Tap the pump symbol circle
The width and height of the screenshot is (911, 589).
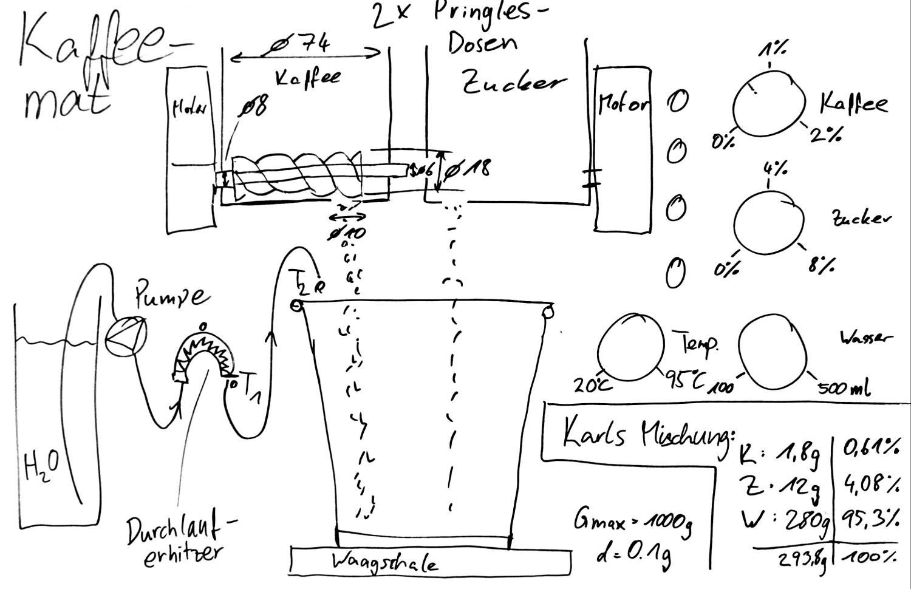coord(126,336)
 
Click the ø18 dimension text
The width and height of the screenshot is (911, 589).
coord(468,169)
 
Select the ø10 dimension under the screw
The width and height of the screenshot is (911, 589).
coord(347,233)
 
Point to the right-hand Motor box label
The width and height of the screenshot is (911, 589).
coord(623,104)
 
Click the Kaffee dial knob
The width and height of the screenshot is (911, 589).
coord(769,104)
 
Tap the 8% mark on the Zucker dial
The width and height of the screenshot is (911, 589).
coord(822,265)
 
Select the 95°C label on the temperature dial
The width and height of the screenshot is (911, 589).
coord(684,380)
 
